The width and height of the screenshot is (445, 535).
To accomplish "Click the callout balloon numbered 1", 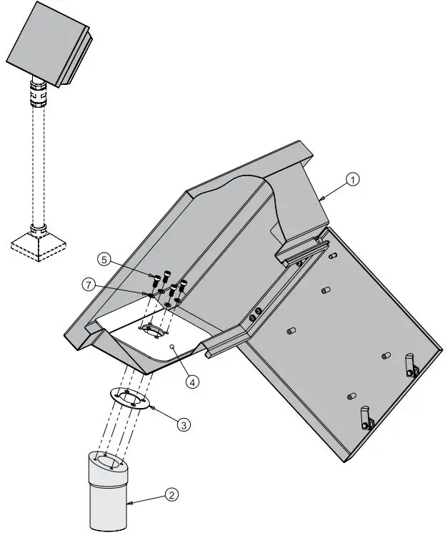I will [x=352, y=180].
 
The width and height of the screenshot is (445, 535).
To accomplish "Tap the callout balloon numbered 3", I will [x=184, y=424].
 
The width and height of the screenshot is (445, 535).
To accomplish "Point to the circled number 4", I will [x=192, y=381].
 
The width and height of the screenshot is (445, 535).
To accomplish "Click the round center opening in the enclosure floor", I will [x=154, y=330].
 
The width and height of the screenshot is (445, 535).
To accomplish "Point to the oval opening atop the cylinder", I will [x=109, y=462].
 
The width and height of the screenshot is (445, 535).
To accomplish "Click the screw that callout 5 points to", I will [x=154, y=276].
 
